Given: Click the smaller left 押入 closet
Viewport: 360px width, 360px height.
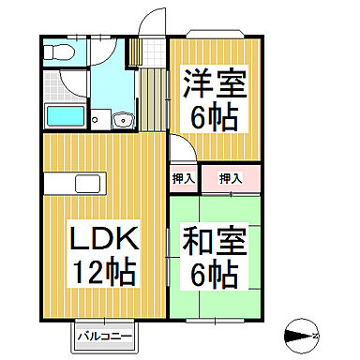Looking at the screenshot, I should (x=184, y=177).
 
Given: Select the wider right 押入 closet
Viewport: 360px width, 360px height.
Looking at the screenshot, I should (x=231, y=177).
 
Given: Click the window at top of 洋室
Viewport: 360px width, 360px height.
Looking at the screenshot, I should (x=217, y=34).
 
